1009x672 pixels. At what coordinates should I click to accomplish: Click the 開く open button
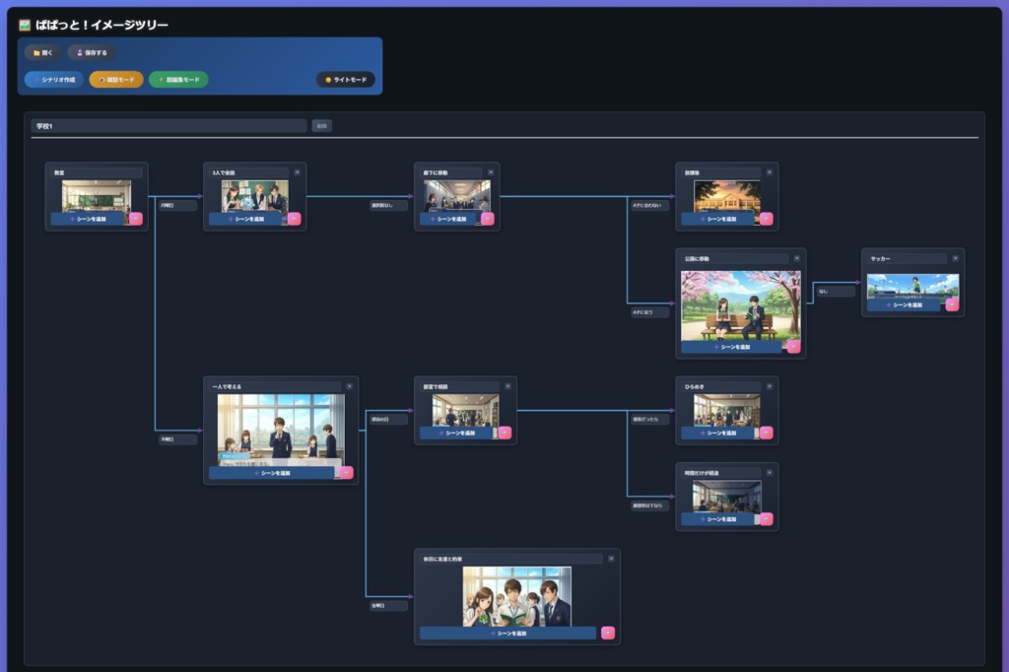pyautogui.click(x=44, y=52)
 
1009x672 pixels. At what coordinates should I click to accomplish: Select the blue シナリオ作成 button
pyautogui.click(x=54, y=79)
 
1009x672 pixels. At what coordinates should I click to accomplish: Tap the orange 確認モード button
pyautogui.click(x=116, y=79)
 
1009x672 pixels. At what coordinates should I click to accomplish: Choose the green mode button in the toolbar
pyautogui.click(x=178, y=79)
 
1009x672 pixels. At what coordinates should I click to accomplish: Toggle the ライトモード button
pyautogui.click(x=346, y=79)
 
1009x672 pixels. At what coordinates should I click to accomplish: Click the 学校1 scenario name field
pyautogui.click(x=168, y=126)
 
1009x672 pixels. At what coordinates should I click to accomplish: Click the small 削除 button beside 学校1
pyautogui.click(x=322, y=126)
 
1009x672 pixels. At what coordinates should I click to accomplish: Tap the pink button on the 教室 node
pyautogui.click(x=136, y=219)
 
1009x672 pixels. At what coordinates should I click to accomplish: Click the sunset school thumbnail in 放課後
pyautogui.click(x=727, y=195)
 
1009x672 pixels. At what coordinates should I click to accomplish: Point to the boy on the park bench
pyautogui.click(x=754, y=313)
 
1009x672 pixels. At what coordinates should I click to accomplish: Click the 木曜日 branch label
pyautogui.click(x=178, y=439)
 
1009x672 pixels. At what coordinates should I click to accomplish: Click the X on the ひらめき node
pyautogui.click(x=770, y=386)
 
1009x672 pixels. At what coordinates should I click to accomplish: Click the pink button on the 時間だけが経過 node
pyautogui.click(x=766, y=519)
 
